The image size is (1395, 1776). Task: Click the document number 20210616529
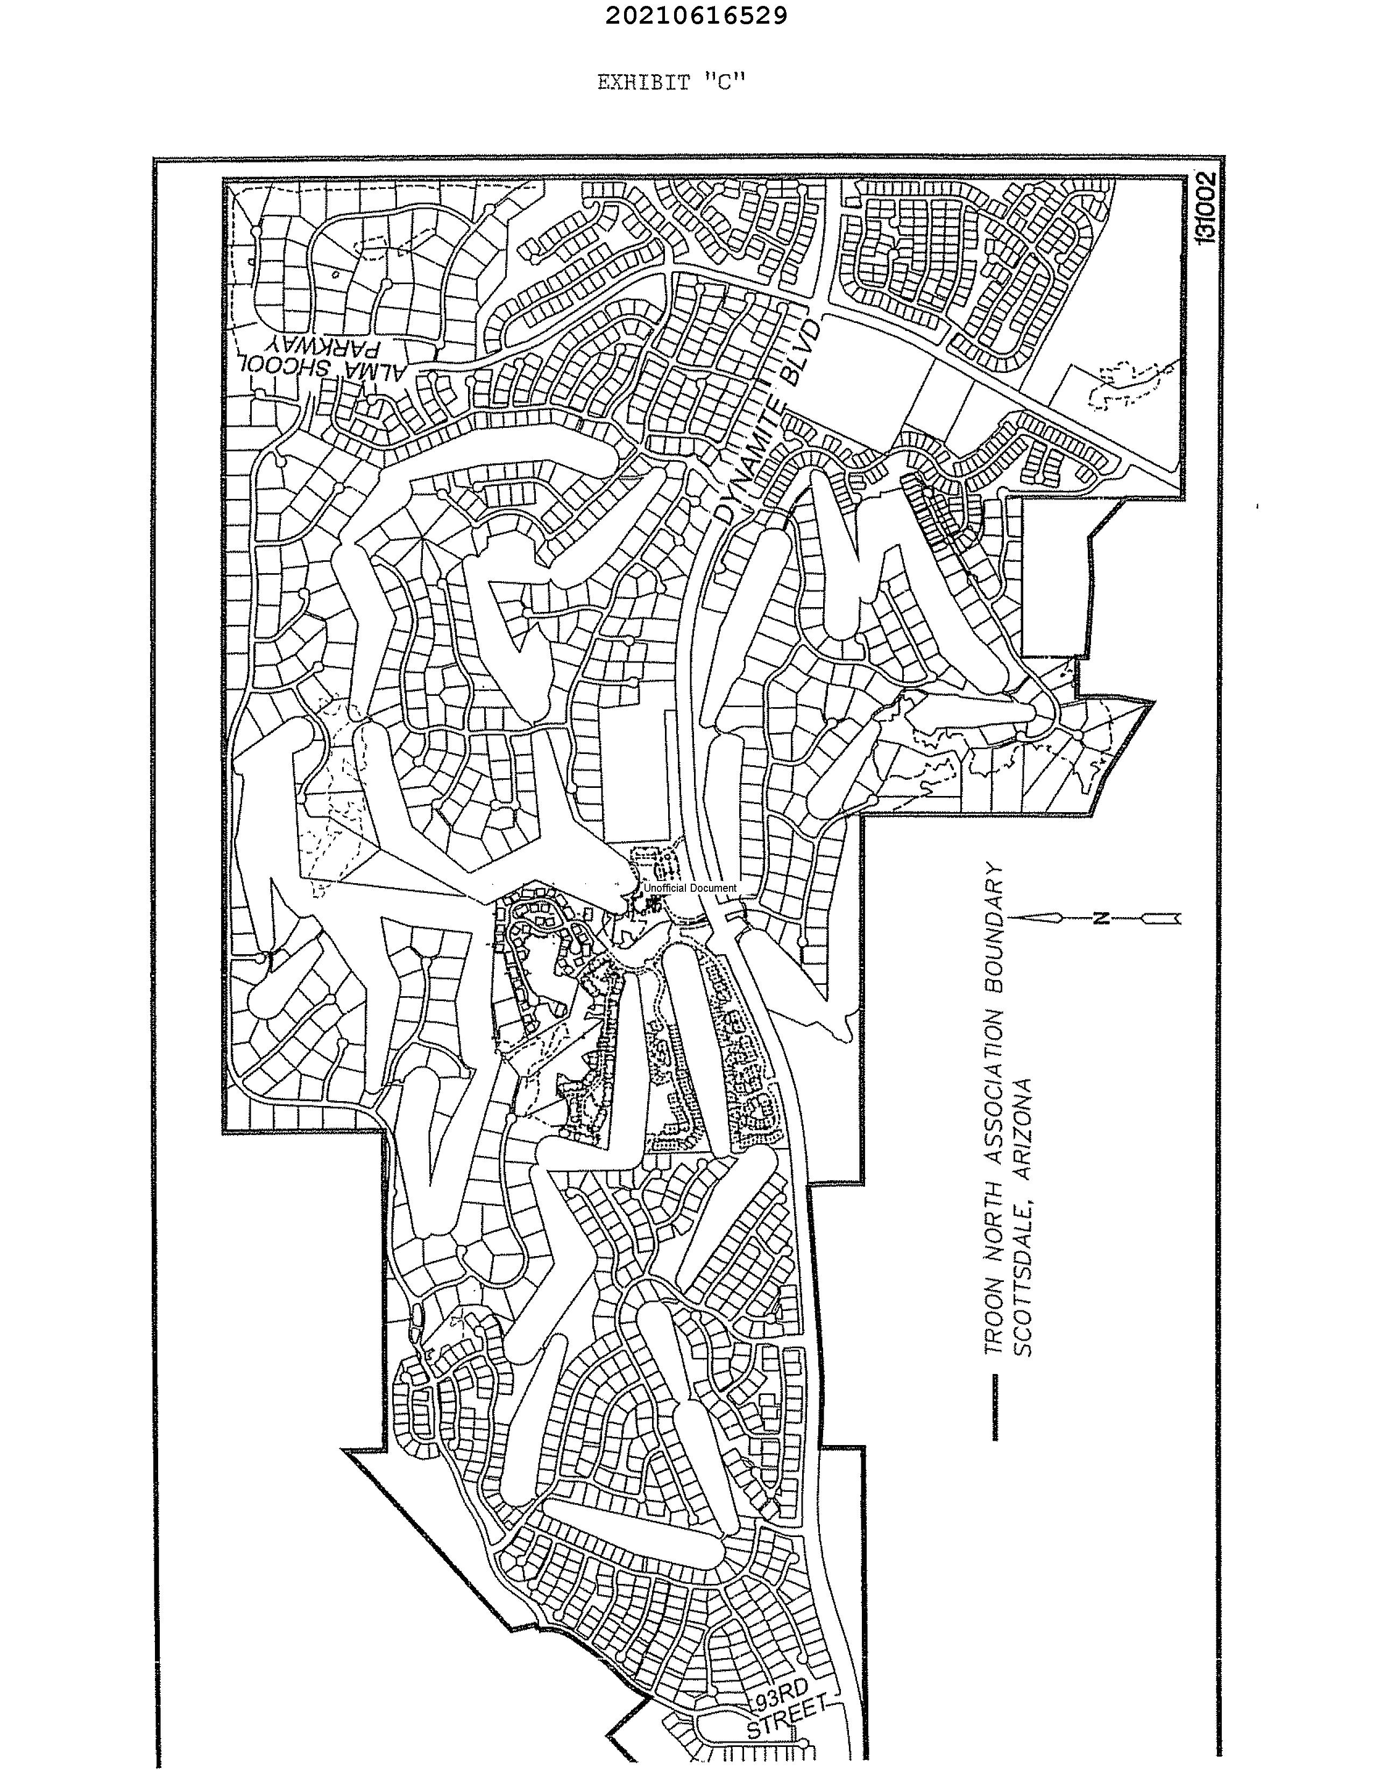coord(697,16)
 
